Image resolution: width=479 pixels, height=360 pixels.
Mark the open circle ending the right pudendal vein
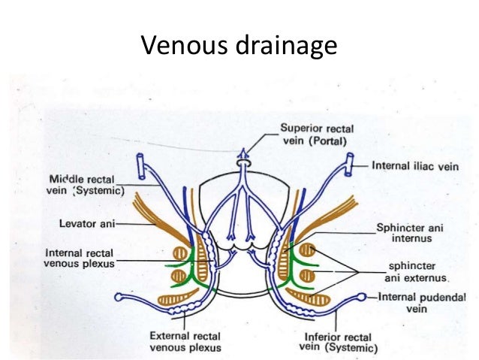click(363, 297)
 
